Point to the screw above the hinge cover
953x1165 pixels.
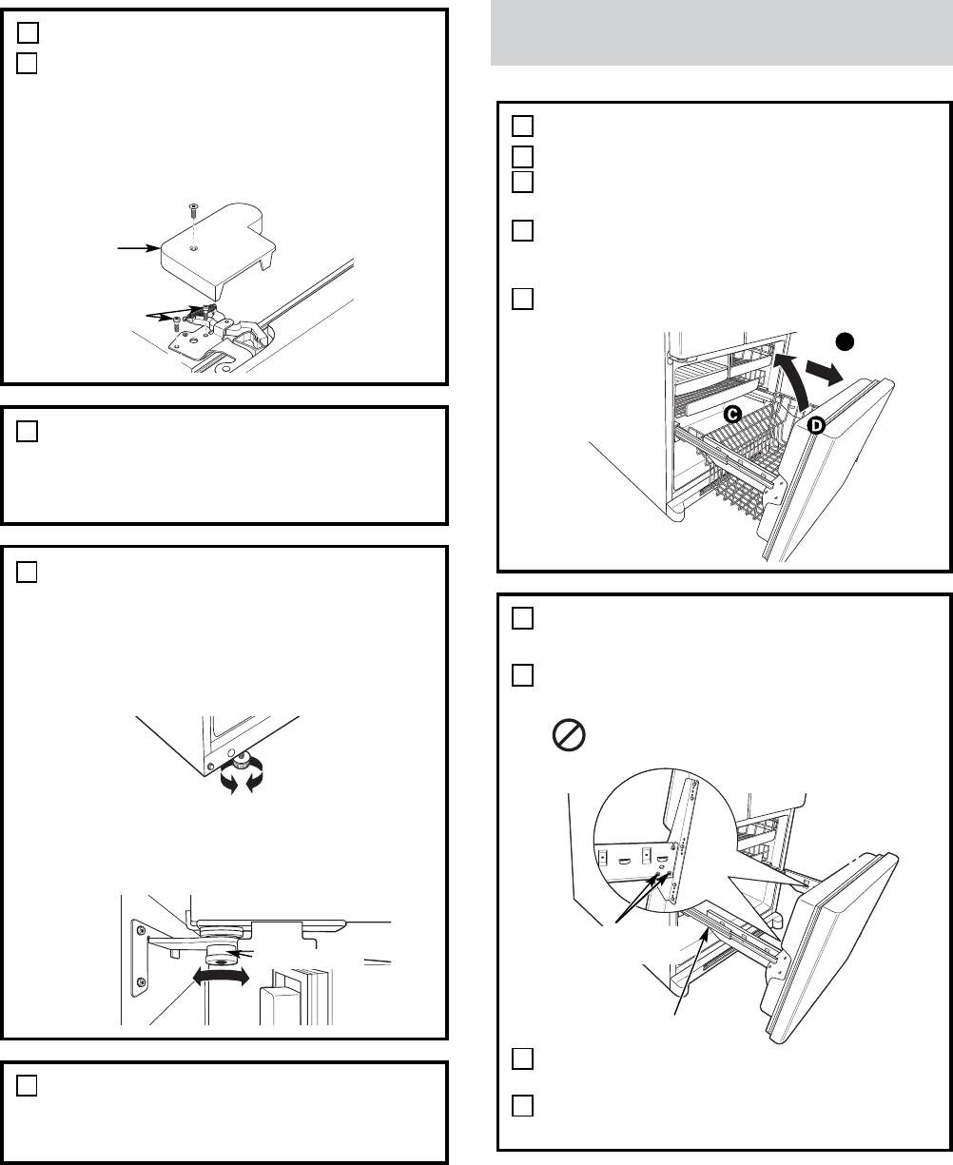(192, 208)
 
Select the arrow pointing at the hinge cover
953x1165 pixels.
(132, 249)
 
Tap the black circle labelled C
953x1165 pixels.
(732, 414)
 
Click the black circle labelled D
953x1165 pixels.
(816, 427)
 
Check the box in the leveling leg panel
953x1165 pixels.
(28, 573)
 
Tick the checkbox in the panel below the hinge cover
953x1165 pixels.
(28, 433)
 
